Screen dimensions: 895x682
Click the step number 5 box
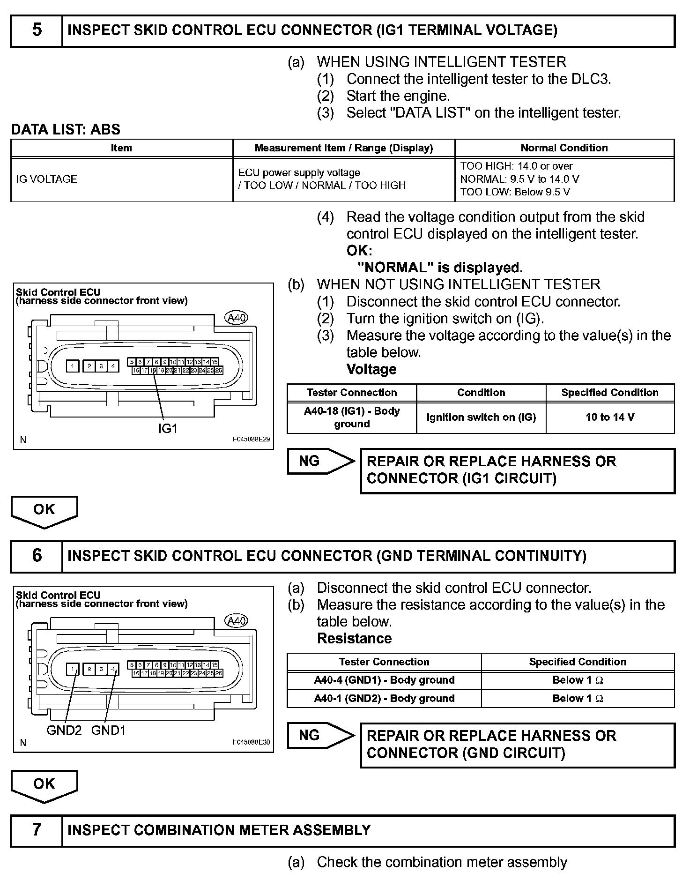tap(37, 30)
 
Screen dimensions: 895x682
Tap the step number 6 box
tap(37, 556)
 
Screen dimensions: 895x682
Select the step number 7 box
tap(37, 830)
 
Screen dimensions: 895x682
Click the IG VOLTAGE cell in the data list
tap(47, 179)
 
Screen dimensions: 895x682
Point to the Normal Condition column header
tap(564, 148)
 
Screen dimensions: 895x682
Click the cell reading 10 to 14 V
tap(610, 417)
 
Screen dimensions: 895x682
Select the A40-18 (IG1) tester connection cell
tap(352, 417)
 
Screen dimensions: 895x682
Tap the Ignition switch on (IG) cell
tap(481, 417)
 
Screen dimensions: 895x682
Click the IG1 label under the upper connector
tap(168, 428)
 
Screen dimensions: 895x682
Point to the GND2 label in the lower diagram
tap(64, 730)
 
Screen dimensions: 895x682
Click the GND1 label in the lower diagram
tap(108, 730)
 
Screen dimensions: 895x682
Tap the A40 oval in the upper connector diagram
tap(237, 318)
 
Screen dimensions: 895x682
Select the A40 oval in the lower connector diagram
tap(237, 621)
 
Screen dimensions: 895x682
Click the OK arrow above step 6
tap(44, 511)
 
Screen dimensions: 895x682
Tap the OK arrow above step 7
tap(44, 785)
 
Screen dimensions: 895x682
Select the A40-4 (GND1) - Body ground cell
tap(384, 680)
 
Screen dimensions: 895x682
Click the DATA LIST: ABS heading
tap(66, 129)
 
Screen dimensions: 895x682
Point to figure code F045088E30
tap(251, 742)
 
